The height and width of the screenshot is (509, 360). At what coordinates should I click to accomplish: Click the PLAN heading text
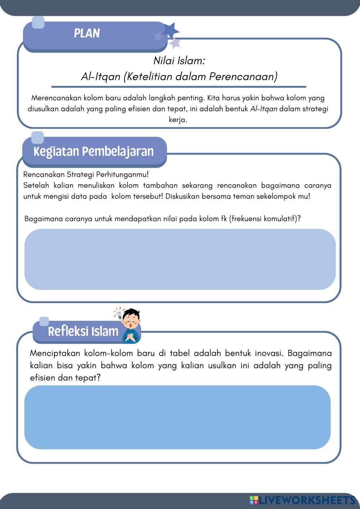tap(87, 33)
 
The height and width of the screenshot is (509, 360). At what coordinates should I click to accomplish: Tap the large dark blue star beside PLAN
tap(170, 30)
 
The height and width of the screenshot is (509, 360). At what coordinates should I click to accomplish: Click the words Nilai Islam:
tap(179, 60)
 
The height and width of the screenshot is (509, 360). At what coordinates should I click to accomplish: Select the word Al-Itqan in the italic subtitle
tap(100, 77)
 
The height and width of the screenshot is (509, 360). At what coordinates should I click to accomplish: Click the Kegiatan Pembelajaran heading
tap(94, 151)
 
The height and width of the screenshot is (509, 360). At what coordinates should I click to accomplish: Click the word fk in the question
tap(224, 219)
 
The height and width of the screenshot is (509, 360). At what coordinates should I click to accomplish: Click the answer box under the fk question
tap(180, 259)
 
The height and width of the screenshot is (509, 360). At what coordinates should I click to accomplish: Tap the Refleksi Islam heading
tap(83, 331)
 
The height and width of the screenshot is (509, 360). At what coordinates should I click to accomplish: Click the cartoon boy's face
tap(131, 319)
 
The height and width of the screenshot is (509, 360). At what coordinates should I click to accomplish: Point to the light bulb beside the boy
tap(118, 314)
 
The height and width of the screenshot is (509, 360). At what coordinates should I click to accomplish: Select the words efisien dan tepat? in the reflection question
tap(65, 378)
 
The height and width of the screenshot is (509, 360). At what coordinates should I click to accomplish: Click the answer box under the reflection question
tap(177, 417)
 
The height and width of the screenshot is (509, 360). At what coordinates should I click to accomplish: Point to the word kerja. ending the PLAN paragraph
tap(178, 120)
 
